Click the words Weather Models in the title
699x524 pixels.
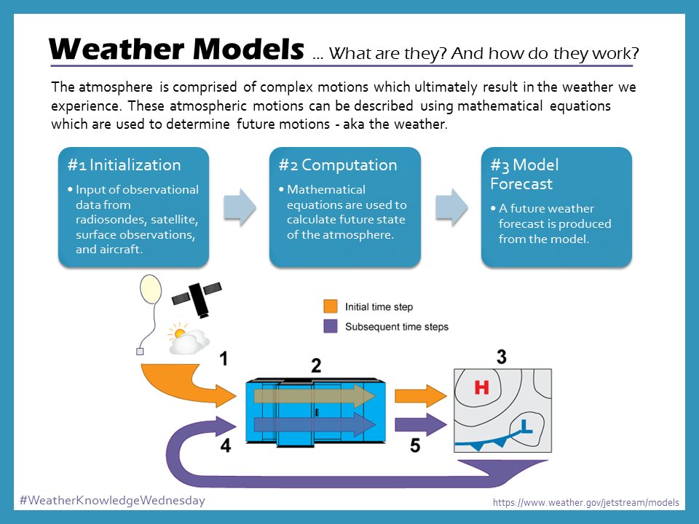tap(175, 49)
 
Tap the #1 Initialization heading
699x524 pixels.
tap(124, 164)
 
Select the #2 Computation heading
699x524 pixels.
tap(337, 164)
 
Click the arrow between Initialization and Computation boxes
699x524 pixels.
tap(239, 207)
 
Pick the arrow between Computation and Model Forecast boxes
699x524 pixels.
tap(451, 207)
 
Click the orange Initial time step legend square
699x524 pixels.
tap(330, 306)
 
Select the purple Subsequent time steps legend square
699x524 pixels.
tap(330, 326)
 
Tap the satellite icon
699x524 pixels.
tap(197, 295)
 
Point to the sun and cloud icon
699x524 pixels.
tap(187, 339)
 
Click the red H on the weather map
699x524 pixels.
tap(481, 388)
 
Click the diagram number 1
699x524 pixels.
tap(225, 359)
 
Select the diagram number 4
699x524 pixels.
tap(226, 445)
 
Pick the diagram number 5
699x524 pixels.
tap(414, 445)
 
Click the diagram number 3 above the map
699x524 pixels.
tap(502, 357)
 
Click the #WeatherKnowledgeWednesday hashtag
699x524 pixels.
tap(112, 501)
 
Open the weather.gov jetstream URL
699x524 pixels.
tap(585, 502)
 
